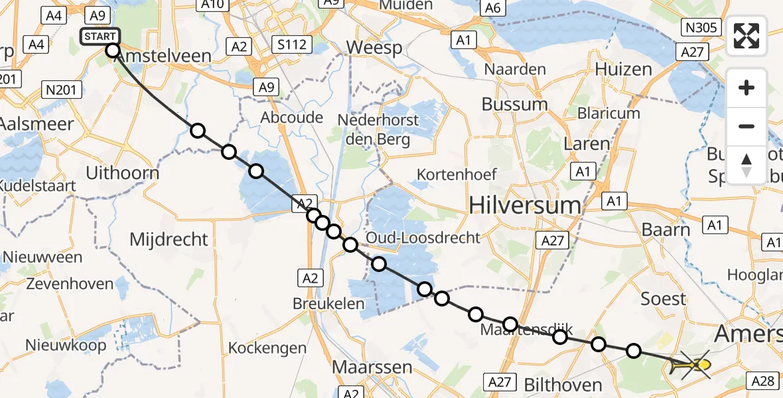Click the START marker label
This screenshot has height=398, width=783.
point(100,36)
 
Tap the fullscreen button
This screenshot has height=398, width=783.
point(747,36)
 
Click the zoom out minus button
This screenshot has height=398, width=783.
point(747,126)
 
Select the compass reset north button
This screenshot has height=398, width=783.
point(747,165)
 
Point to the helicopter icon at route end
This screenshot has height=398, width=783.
point(692,364)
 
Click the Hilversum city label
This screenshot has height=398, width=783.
point(525,206)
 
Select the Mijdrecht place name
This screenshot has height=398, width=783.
point(169,239)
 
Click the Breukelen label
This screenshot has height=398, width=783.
point(329,304)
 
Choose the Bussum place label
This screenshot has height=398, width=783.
point(514,104)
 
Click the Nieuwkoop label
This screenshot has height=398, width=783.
point(66,346)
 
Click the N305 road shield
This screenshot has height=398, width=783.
point(701,27)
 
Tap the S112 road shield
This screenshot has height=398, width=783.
point(292,45)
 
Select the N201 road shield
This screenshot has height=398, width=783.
point(61,90)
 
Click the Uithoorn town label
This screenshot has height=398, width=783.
point(123,174)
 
